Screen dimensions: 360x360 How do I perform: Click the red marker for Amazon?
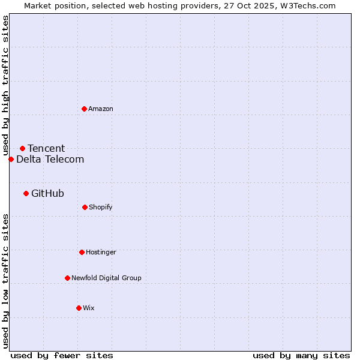pos(84,109)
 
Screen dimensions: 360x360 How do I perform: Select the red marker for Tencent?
pos(22,148)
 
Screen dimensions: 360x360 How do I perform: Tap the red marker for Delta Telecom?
pos(11,159)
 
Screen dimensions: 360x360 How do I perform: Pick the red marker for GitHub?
pos(26,193)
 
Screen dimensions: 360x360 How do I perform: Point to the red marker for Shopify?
pos(85,207)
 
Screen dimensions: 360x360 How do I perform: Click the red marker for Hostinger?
pos(82,252)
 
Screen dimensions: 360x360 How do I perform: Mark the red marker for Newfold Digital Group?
pos(67,278)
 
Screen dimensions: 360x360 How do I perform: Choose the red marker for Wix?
pos(79,308)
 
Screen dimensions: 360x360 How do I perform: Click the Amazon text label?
pos(101,109)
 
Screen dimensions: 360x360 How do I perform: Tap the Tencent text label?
pos(46,148)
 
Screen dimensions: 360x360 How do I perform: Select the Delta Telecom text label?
pos(50,159)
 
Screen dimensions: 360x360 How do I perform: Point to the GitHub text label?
pos(47,193)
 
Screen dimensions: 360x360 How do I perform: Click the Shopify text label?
pos(101,207)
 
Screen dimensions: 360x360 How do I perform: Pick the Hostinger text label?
pos(101,252)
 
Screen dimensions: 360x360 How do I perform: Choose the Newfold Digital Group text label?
pos(106,278)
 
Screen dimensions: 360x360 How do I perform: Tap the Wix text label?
pos(89,308)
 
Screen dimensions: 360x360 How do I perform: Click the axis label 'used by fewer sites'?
pos(62,355)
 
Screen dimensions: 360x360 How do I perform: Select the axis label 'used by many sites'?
pos(301,355)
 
